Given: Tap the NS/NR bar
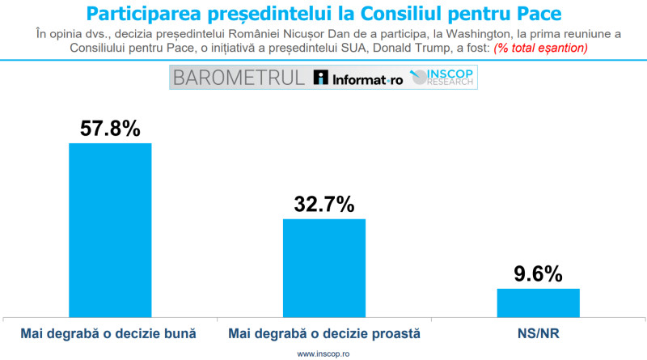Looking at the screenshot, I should (538, 302).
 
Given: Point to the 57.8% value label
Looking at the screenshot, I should (109, 128).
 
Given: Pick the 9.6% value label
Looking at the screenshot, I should (538, 274).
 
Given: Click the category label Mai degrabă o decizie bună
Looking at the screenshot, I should (109, 333).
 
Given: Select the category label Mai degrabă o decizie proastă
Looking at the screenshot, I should (323, 333).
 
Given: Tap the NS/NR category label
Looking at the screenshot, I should (538, 333).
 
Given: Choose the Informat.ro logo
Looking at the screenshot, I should (357, 78).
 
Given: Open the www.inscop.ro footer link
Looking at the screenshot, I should (323, 354).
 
